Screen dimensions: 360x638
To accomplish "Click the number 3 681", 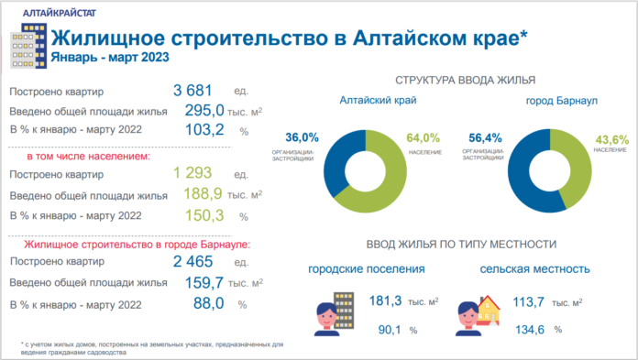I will tap(192, 91).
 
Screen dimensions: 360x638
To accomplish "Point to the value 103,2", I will tap(204, 130).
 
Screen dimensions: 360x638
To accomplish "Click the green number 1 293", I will tap(192, 173).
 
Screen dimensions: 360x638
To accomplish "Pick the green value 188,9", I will tap(204, 194).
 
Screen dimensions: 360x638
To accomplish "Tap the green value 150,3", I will tap(204, 215).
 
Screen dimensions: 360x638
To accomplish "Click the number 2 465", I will tap(192, 262).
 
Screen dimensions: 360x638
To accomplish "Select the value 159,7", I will tap(204, 282).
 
